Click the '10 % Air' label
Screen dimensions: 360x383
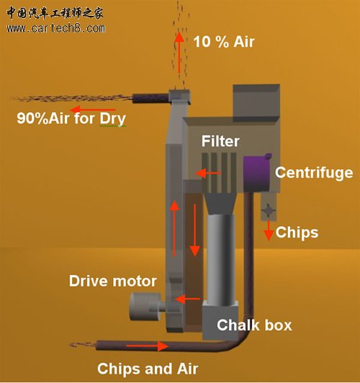pos(224,42)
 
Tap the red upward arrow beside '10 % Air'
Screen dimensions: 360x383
pos(179,53)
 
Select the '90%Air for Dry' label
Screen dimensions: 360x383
pos(71,119)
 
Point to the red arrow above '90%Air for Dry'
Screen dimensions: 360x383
pos(93,109)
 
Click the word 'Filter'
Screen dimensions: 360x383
pos(220,141)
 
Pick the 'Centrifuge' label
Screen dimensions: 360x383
pos(314,173)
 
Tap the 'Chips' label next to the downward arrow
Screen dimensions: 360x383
pos(297,232)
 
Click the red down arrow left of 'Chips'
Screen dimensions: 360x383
pos(269,230)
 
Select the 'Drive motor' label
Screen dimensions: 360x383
pos(113,281)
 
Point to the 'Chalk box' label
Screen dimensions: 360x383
pos(254,325)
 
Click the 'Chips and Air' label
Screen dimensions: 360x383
pos(148,369)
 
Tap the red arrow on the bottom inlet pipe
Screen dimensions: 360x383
pos(148,346)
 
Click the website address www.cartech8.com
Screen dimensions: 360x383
pos(56,28)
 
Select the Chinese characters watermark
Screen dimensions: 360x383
pos(55,13)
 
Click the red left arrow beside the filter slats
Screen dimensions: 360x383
pos(208,174)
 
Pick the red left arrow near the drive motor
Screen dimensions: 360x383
pos(187,299)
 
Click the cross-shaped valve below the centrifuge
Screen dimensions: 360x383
pos(268,210)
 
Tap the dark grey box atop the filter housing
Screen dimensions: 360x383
pos(256,102)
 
